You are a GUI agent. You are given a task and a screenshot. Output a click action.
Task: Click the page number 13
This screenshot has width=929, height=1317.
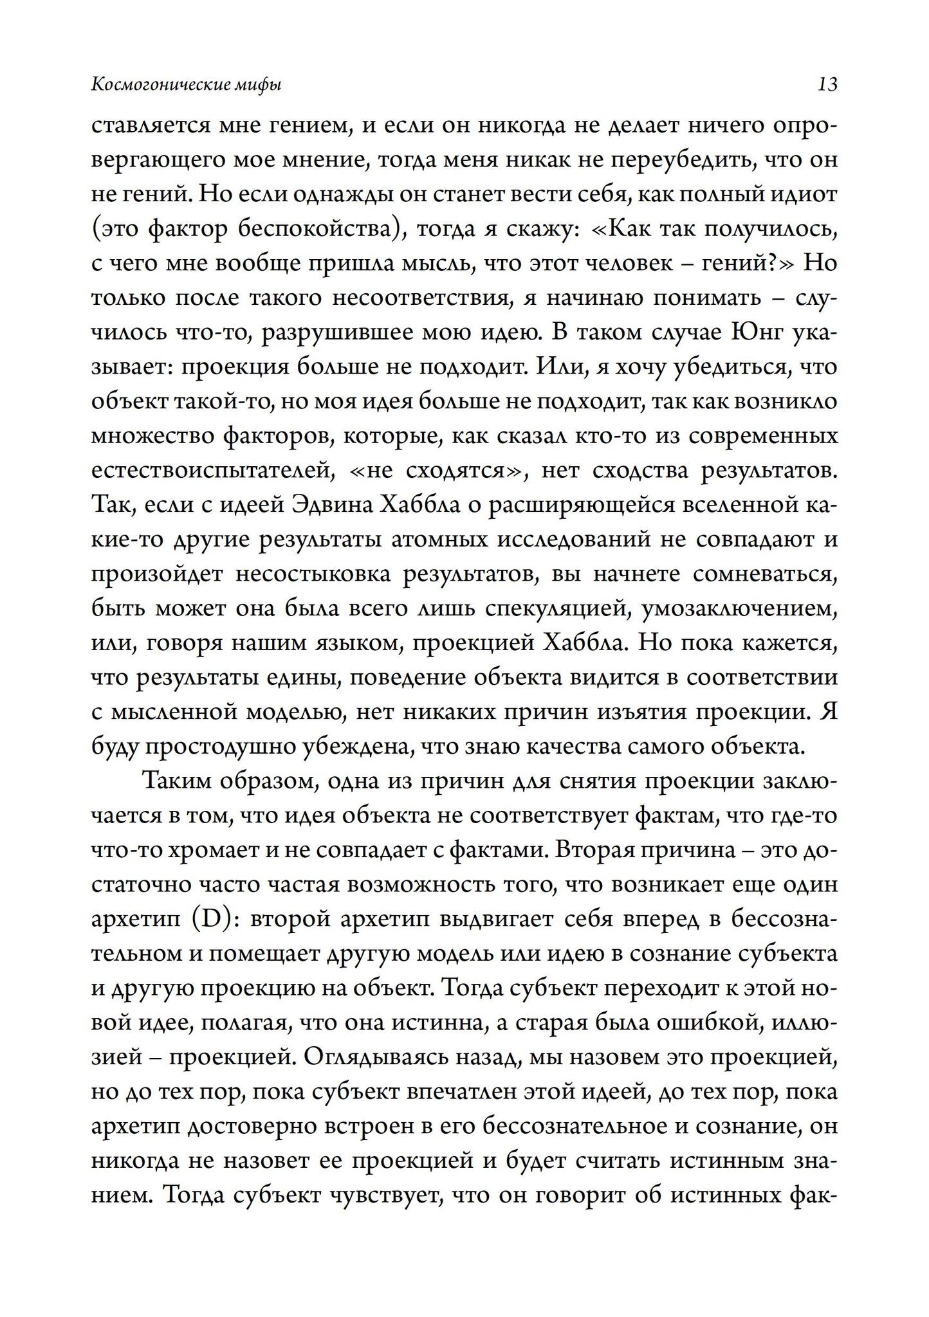(827, 84)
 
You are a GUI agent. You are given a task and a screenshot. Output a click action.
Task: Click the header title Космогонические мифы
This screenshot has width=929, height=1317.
(187, 85)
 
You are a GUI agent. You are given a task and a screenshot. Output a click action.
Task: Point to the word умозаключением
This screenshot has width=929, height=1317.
(740, 609)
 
